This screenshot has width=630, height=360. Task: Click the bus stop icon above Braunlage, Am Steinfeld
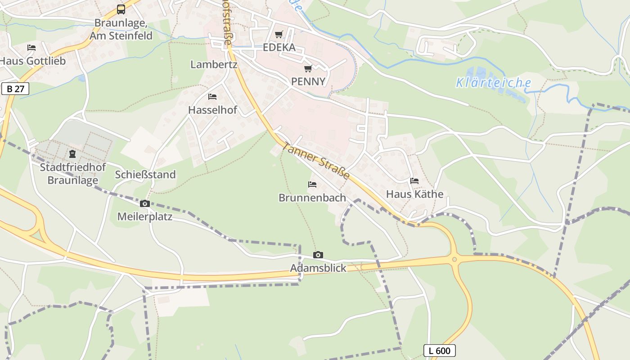121,9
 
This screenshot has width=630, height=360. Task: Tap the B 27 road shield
15,89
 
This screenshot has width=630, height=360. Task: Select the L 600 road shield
440,351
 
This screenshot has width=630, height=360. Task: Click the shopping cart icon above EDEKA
279,35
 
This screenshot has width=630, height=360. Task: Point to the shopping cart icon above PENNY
308,68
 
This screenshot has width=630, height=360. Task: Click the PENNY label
308,81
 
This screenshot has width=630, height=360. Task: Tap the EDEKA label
279,48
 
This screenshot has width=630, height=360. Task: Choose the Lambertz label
214,64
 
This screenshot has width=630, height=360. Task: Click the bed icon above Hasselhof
212,97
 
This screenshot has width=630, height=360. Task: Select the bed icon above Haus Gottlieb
31,48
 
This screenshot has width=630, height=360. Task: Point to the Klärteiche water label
494,83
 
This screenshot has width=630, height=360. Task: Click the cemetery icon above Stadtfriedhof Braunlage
72,154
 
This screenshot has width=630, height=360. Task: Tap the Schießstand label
145,175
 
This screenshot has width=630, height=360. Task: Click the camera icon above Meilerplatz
144,204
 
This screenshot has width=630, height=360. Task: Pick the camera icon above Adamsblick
318,255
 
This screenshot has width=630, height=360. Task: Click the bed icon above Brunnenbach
312,184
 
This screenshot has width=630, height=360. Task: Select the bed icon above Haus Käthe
414,181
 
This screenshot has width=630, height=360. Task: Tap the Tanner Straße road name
316,161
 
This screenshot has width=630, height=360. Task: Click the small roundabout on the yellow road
454,259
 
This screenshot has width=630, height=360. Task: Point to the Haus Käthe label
414,194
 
